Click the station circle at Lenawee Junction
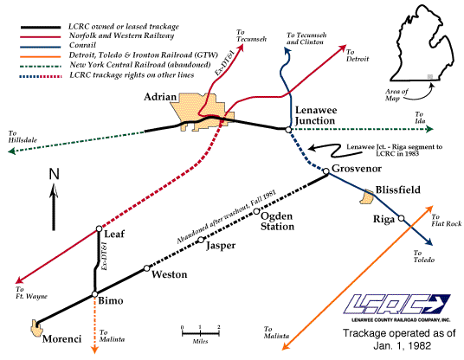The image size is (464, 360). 288,130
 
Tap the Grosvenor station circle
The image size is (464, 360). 325,171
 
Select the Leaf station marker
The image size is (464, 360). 100,228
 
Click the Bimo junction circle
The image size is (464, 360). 94,294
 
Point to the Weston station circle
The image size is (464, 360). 147,268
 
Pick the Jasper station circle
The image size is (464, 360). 201,240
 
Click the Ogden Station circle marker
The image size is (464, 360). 256,211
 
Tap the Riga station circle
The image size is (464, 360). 401,218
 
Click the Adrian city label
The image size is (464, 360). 160,97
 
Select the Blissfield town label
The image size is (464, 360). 397,190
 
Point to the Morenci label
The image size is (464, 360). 61,338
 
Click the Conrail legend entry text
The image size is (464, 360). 82,45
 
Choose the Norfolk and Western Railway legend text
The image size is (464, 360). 121,35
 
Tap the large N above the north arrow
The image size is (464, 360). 55,174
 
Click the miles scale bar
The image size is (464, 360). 200,333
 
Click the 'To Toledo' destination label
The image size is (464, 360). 424,256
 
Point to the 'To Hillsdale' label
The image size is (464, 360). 23,137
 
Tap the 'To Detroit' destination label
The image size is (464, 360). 358,55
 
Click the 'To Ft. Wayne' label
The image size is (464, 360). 31,292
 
